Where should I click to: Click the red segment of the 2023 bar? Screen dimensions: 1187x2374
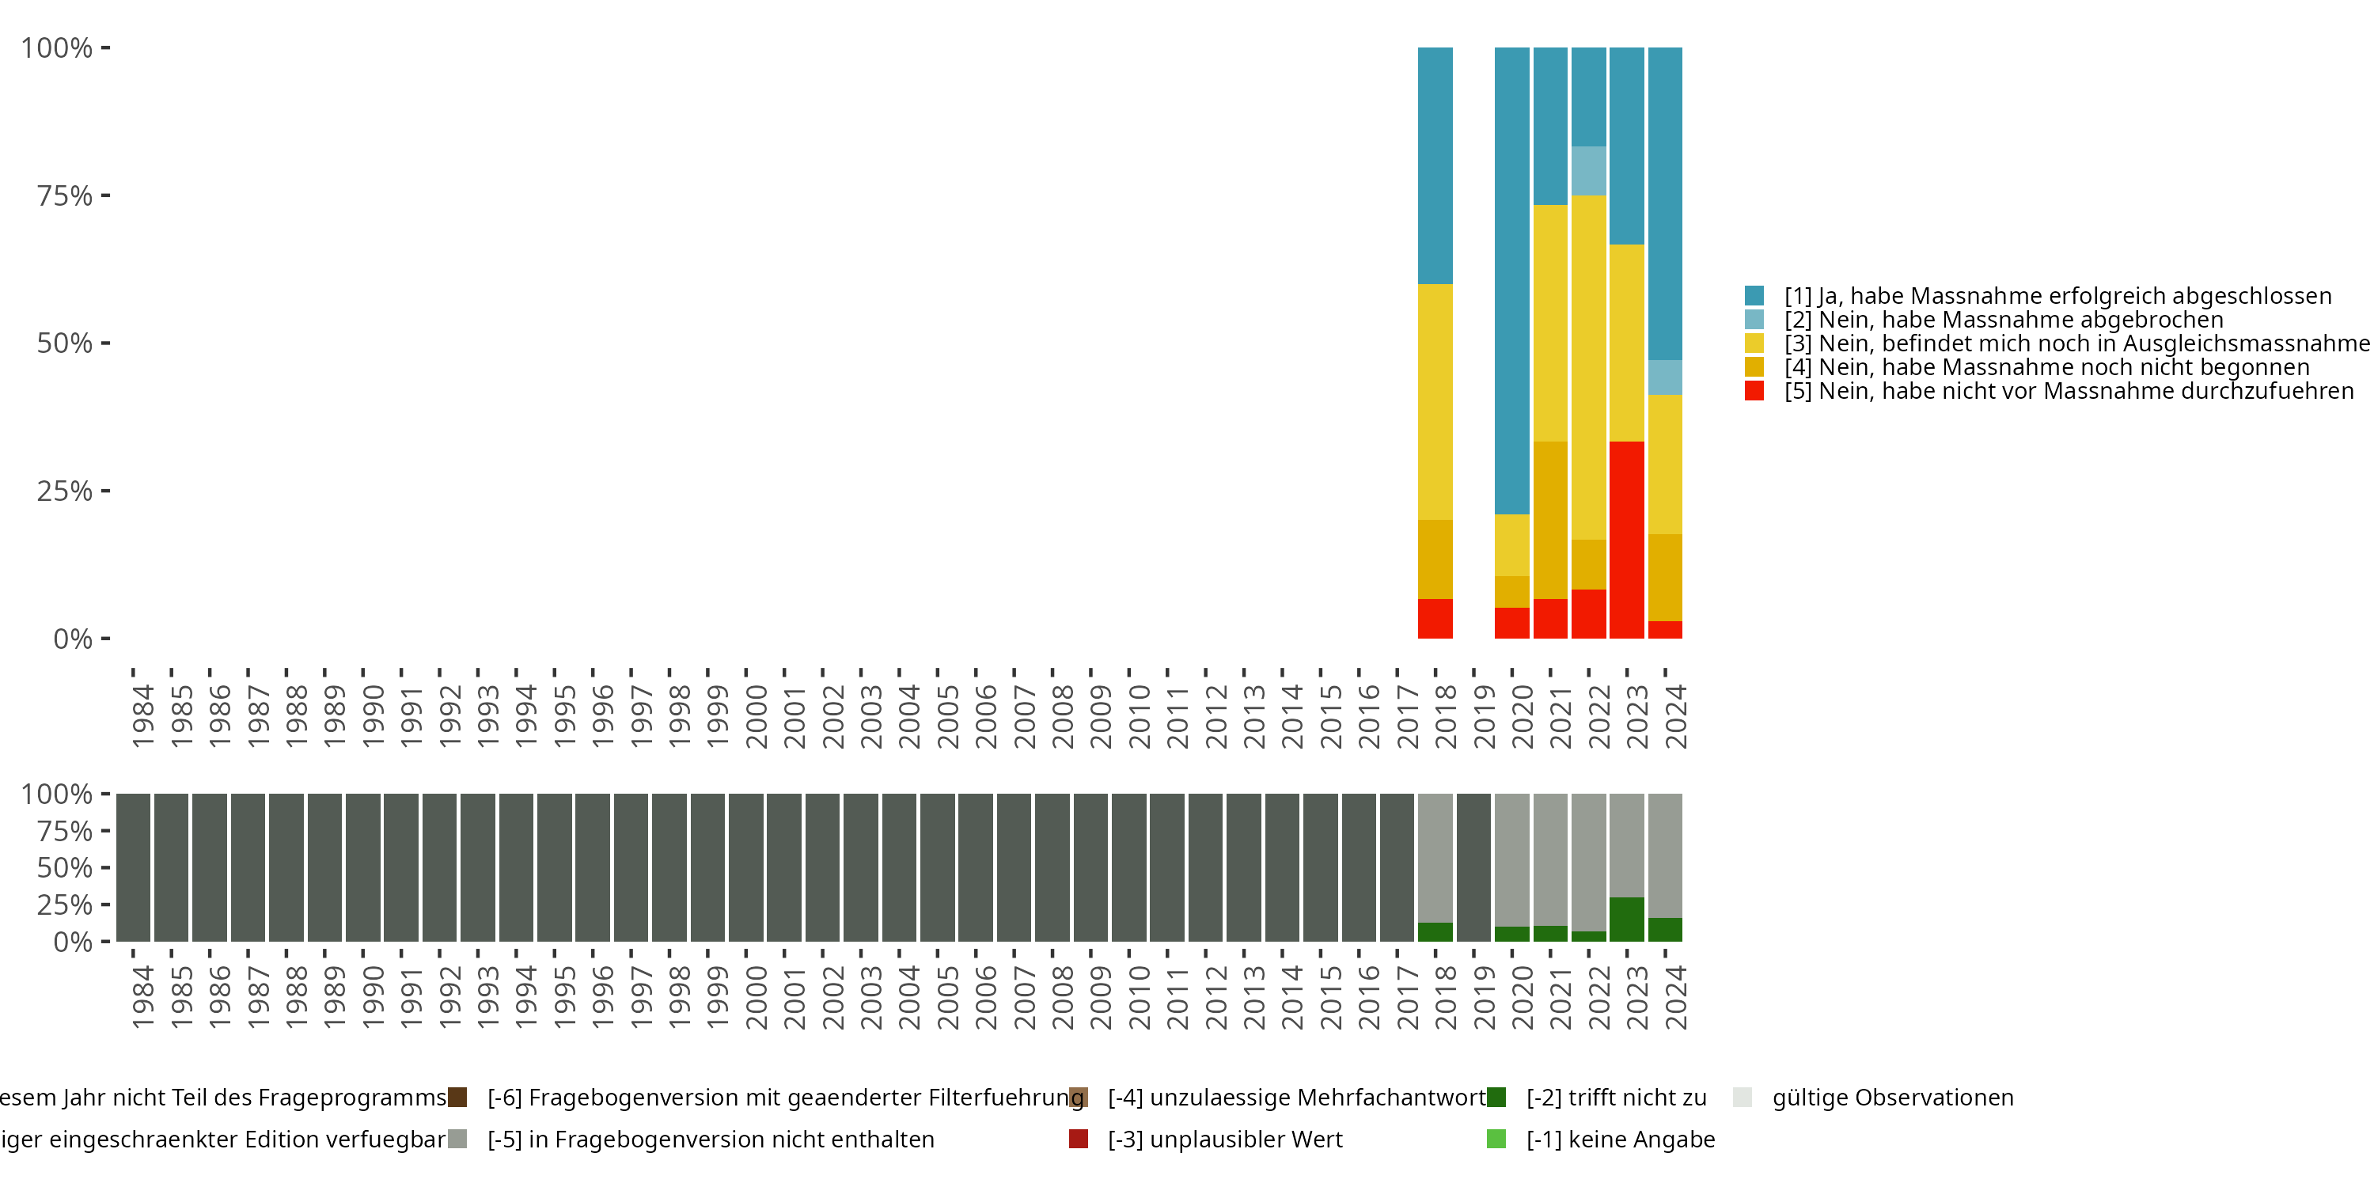1627,539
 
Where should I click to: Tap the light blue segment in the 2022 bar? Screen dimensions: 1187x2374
1588,170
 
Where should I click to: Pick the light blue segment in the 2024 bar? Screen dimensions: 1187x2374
1664,377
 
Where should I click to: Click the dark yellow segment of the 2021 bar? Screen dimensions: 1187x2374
1550,520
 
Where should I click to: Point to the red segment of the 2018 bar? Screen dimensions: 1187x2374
1435,618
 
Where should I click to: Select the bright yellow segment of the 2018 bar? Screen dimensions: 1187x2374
1435,402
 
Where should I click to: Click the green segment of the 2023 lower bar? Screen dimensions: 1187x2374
1627,919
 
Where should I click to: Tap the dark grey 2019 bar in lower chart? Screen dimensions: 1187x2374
1473,867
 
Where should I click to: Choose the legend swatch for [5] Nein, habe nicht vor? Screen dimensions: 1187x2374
1754,391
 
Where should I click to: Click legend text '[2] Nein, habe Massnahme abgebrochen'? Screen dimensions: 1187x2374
2004,320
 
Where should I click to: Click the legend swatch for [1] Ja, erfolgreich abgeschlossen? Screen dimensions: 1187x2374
1754,296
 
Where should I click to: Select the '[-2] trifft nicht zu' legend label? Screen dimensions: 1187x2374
1617,1098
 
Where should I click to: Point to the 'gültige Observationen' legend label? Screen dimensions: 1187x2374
1893,1098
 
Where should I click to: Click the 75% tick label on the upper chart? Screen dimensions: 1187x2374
65,195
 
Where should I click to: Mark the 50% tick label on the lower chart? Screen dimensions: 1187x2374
65,867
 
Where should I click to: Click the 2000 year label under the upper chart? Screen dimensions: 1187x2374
756,716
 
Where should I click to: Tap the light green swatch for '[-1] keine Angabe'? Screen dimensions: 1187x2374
1496,1139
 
